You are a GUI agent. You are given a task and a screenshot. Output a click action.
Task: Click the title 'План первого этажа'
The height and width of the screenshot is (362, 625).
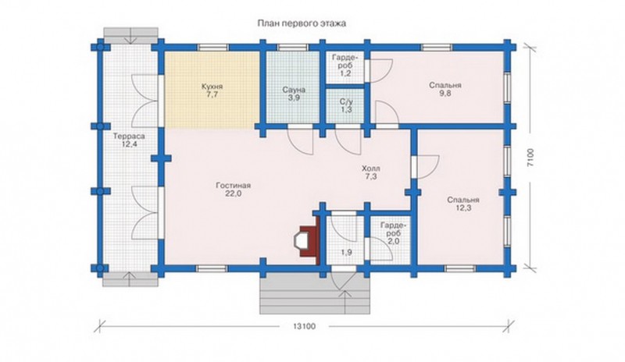click(302, 23)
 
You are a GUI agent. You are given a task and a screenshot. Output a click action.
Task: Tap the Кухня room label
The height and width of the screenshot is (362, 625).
click(212, 90)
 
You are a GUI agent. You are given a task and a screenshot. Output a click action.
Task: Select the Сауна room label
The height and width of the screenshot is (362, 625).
click(294, 94)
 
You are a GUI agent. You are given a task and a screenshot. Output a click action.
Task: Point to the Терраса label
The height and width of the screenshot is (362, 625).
click(129, 140)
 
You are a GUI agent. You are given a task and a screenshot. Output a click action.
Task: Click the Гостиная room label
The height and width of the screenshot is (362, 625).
click(233, 190)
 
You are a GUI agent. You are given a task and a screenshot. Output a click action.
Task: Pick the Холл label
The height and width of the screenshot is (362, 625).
click(370, 172)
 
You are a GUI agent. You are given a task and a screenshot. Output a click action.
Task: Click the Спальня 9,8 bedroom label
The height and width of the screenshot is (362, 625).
click(445, 90)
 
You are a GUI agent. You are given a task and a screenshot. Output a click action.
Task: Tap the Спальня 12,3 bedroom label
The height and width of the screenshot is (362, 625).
click(462, 204)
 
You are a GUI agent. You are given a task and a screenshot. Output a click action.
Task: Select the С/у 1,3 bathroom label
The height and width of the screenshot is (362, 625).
click(346, 106)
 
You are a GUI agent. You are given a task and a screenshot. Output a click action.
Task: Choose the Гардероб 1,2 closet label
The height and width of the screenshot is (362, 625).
click(346, 65)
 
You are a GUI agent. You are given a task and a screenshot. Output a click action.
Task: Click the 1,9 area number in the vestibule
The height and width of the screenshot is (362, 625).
click(346, 252)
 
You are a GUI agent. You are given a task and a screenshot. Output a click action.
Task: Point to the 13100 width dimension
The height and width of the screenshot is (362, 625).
click(304, 327)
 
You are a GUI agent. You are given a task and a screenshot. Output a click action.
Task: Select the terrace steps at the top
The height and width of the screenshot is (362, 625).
click(130, 34)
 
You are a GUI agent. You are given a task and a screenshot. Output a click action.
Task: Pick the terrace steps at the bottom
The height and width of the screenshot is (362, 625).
click(130, 279)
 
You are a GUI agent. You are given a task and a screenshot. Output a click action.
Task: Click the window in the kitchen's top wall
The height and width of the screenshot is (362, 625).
click(213, 47)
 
